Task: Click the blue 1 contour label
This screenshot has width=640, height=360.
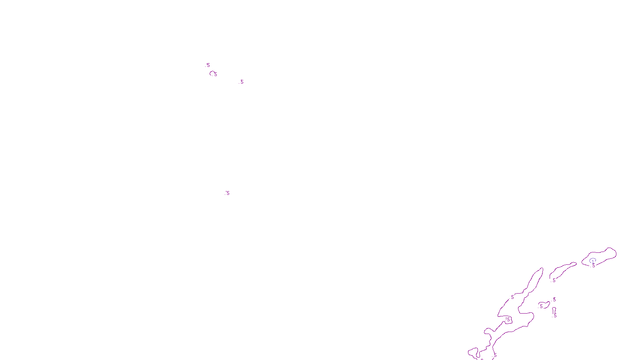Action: coord(593,261)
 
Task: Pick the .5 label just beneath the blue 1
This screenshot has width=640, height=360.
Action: coord(594,266)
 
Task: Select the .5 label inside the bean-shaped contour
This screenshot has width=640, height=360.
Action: coord(541,306)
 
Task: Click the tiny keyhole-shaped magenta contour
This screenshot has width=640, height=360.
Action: coord(554,310)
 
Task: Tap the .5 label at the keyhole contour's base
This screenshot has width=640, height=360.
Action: coord(555,316)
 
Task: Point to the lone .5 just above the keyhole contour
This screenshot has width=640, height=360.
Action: coord(554,299)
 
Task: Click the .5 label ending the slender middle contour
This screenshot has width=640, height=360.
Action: coord(554,280)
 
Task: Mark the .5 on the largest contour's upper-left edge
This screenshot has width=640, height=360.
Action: coord(512,297)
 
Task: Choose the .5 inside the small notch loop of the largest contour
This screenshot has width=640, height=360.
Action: coord(508,319)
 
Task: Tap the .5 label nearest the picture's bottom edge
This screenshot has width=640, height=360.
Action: coord(495,355)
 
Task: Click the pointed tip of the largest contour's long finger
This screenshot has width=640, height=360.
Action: coord(542,269)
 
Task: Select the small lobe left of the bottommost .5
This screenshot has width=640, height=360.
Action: coord(473,352)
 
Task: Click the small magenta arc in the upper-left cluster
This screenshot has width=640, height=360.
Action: coord(212,72)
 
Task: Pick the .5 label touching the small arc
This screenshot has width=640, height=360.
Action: coord(215,74)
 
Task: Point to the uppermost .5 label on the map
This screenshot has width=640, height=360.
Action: coord(208,65)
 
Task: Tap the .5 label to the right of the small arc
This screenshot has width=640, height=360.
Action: coord(242,82)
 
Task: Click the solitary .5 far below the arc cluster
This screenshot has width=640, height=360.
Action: coord(228,193)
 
